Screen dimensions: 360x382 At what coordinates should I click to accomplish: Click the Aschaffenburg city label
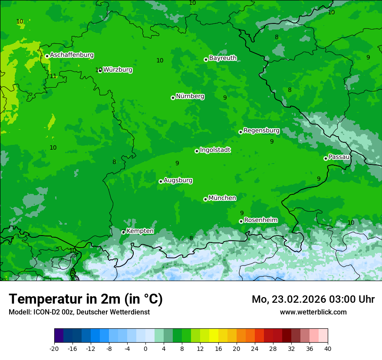(72, 55)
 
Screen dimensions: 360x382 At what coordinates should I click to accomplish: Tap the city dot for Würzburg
(100, 70)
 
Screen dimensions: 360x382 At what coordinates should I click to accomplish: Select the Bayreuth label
(223, 58)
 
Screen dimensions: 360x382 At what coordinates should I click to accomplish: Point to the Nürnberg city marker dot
(173, 98)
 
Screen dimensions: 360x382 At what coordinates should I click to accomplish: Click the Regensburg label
(261, 131)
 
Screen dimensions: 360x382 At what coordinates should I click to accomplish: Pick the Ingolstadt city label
(215, 150)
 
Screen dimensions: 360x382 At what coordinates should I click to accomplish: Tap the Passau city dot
(326, 158)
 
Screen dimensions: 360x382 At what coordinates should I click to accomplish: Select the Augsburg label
(178, 180)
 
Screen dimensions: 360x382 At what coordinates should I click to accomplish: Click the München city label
(222, 198)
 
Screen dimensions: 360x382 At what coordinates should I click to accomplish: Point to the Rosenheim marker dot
(241, 221)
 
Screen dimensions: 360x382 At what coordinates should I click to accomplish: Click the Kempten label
(140, 231)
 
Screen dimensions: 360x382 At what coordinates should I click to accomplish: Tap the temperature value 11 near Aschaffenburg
(53, 76)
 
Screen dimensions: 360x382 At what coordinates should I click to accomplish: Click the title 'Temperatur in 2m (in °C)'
(86, 299)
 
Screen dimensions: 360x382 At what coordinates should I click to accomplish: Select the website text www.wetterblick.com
(313, 312)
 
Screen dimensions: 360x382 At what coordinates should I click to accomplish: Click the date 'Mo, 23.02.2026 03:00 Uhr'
(313, 299)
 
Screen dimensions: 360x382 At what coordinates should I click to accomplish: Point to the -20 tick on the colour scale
(54, 349)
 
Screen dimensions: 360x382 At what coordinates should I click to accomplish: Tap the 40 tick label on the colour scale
(328, 349)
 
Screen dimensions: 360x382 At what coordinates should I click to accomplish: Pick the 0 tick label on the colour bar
(145, 349)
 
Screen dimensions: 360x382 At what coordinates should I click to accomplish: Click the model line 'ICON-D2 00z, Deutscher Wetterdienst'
(79, 312)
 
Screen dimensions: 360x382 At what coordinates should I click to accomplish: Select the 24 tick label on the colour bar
(255, 349)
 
